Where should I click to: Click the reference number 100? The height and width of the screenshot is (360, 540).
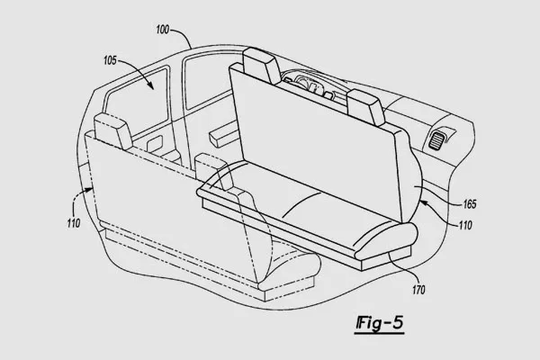click(163, 30)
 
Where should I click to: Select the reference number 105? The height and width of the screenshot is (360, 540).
click(110, 60)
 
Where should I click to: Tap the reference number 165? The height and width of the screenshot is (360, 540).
click(470, 204)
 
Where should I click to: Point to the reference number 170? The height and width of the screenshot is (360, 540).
click(418, 290)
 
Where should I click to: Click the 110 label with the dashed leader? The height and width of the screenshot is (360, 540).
click(74, 223)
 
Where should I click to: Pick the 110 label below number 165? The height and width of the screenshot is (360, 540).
click(465, 225)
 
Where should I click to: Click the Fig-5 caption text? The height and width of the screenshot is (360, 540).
click(379, 323)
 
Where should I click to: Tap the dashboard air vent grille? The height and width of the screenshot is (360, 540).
click(437, 139)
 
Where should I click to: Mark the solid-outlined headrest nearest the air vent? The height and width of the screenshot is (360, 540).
click(365, 106)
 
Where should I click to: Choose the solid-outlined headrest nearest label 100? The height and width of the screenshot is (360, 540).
click(261, 66)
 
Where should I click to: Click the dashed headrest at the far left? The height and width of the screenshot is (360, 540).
click(113, 131)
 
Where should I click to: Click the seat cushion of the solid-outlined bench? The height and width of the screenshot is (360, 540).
click(307, 210)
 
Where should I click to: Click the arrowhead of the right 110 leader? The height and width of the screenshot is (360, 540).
click(423, 203)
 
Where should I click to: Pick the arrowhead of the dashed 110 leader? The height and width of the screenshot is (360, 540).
click(90, 189)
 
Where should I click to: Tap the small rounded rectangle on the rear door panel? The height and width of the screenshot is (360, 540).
click(154, 143)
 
